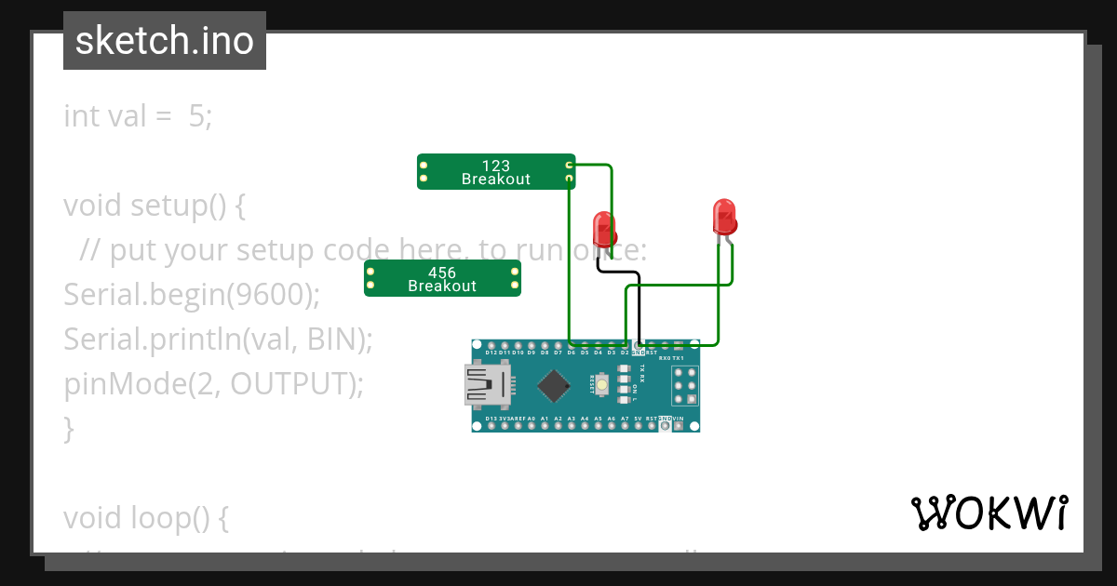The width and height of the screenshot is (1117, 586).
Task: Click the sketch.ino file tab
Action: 165,41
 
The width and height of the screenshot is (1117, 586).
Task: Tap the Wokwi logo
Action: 989,513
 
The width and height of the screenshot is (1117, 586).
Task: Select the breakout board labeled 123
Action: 495,172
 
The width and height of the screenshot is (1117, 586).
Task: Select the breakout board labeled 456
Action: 442,278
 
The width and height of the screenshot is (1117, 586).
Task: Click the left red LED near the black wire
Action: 604,228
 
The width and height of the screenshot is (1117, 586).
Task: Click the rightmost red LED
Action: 724,217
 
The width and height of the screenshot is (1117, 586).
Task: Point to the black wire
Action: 639,298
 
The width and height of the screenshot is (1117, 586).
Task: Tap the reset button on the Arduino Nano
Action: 603,384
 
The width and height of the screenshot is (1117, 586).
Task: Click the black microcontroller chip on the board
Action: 554,386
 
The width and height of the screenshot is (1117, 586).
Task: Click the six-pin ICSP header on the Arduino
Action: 685,385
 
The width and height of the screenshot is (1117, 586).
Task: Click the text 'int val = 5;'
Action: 138,116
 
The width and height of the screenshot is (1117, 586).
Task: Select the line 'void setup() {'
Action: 154,205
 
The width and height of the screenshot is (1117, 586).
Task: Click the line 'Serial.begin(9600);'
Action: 191,294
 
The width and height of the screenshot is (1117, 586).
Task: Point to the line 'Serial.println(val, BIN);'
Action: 218,340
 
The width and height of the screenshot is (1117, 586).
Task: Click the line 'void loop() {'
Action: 145,517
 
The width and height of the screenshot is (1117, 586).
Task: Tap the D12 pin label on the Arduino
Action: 491,353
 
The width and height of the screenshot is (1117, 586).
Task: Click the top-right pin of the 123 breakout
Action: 569,165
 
